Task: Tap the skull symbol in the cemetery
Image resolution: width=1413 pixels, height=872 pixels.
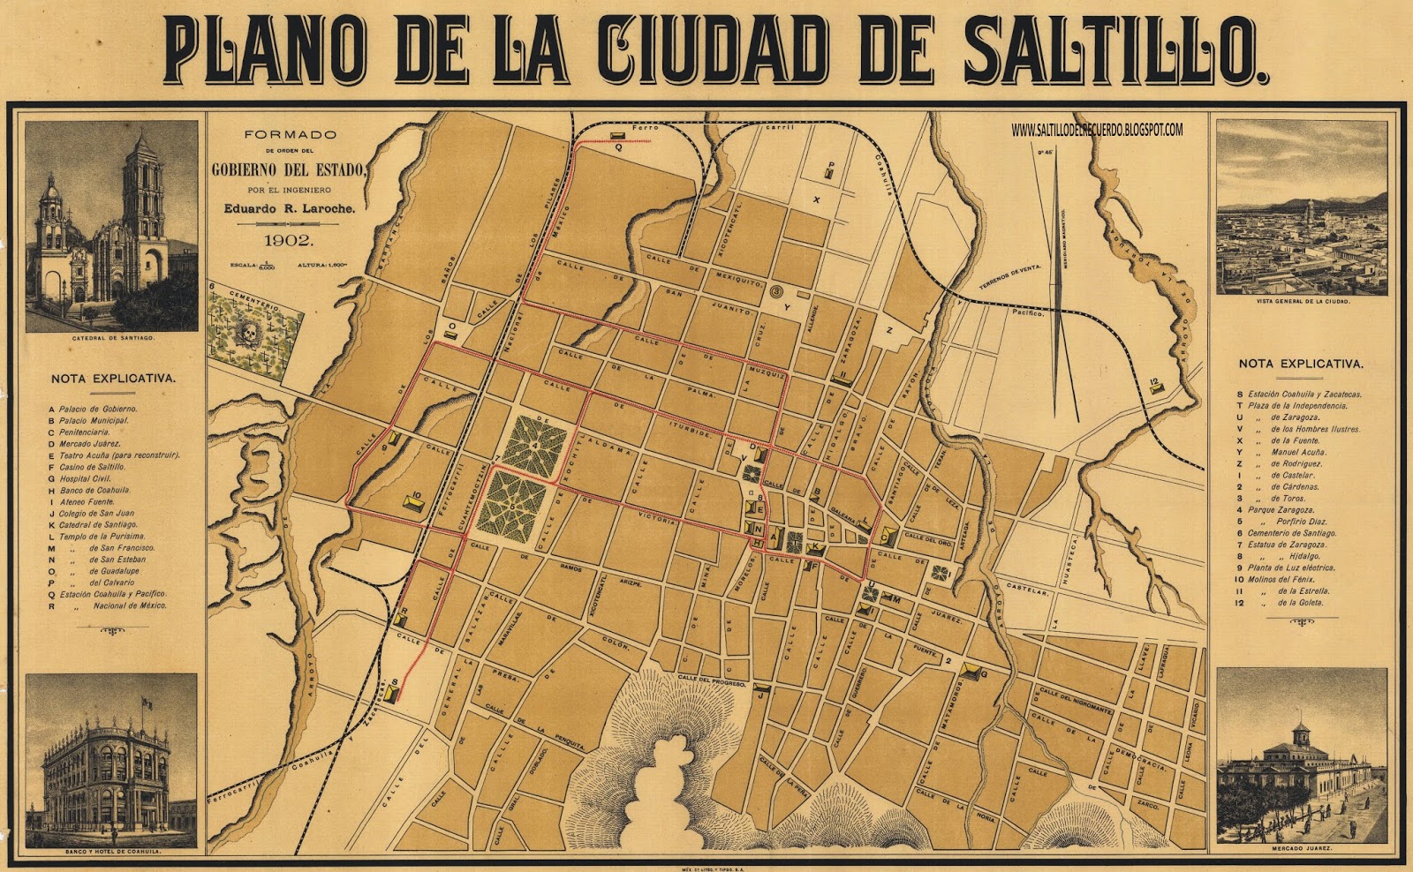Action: [x=249, y=334]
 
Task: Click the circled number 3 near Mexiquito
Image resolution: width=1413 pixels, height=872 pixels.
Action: [x=776, y=289]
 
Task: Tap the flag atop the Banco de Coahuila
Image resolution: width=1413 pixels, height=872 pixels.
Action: [x=147, y=703]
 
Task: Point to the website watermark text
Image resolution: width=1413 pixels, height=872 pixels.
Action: [x=1098, y=131]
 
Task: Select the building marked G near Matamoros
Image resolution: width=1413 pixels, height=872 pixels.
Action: [x=975, y=673]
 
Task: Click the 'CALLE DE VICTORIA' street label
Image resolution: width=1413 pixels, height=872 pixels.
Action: [x=654, y=516]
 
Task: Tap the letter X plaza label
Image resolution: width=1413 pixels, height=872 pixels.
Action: [x=817, y=200]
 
